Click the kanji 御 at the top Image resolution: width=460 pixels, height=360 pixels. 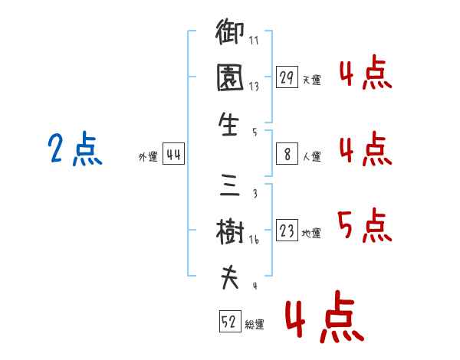point(230,31)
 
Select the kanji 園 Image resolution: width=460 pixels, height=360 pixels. point(230,77)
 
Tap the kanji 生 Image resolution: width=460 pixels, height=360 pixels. point(228,124)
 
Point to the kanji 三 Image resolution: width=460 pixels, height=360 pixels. point(230,185)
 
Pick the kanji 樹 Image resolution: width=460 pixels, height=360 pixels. point(230,231)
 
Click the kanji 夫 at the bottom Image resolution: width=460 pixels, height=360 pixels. point(230,277)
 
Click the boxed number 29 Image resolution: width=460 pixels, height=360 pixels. point(287,77)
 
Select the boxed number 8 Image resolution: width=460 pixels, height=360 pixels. point(287,154)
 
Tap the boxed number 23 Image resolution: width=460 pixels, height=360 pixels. point(287,230)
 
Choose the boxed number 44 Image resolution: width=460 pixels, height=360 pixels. point(173,154)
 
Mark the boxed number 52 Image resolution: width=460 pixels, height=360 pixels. point(230,321)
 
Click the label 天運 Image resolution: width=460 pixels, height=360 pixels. point(312,80)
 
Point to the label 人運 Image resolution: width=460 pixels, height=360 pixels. point(312,156)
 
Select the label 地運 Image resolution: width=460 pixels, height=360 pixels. point(311,233)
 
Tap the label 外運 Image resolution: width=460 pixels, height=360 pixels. point(148,156)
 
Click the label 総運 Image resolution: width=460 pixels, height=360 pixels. point(255,324)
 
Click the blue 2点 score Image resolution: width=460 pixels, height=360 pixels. point(75,149)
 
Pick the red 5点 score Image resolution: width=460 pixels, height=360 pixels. point(365,225)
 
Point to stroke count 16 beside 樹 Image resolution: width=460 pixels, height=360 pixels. point(254,240)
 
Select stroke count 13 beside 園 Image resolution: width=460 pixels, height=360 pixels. point(254,87)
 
